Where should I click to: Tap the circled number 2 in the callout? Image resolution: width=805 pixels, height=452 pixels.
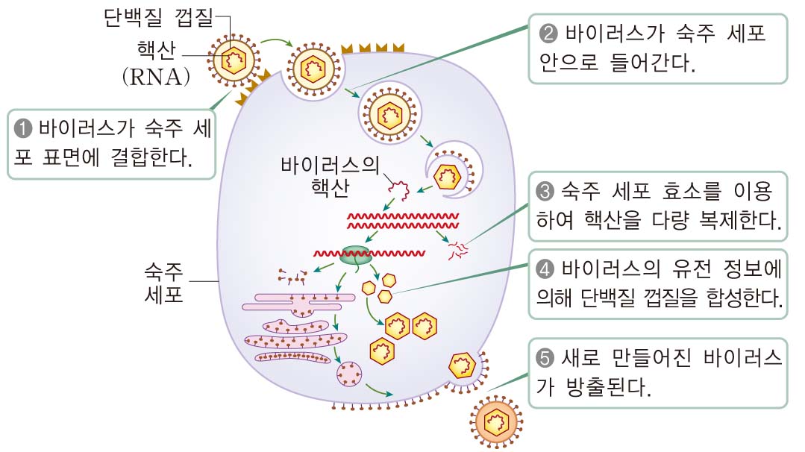point(546,34)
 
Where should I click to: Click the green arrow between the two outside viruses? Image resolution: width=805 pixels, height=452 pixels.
point(278,43)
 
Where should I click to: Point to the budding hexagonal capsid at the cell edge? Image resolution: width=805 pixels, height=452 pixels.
point(462,365)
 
